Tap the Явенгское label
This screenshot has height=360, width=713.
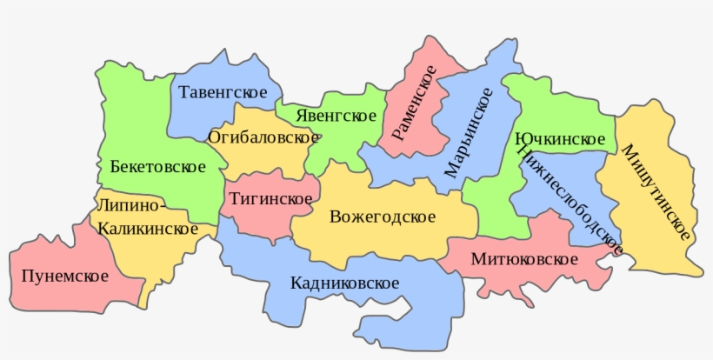(336, 116)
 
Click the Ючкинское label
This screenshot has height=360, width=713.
(560, 140)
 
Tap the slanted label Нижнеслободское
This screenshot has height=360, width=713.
(570, 200)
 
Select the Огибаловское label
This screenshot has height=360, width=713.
(263, 137)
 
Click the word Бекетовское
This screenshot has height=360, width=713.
(157, 166)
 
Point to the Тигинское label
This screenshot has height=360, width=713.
(271, 199)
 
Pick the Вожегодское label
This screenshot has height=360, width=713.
(383, 217)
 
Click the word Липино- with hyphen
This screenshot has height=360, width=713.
(130, 206)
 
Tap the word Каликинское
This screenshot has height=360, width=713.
(147, 229)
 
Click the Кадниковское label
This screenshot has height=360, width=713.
(345, 283)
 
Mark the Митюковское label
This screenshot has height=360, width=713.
(524, 259)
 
